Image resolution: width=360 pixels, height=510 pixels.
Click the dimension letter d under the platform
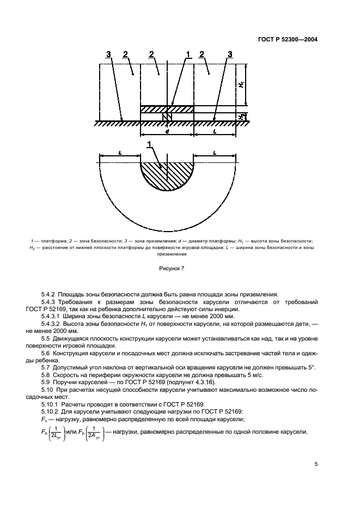(x=167, y=131)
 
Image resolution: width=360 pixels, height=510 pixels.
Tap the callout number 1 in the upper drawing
(x=188, y=54)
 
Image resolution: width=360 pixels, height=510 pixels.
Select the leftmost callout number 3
(x=109, y=54)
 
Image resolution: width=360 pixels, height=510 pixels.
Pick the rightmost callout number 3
(x=230, y=54)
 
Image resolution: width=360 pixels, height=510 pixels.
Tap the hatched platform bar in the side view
(x=167, y=109)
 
